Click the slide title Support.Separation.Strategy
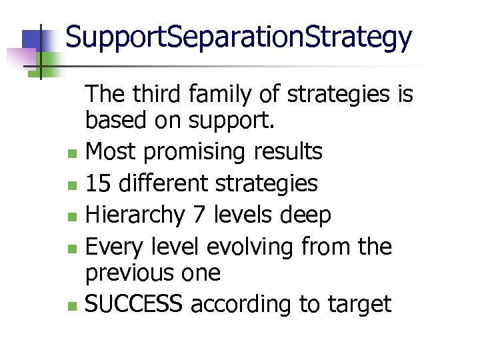239,38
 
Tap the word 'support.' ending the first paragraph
228,121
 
